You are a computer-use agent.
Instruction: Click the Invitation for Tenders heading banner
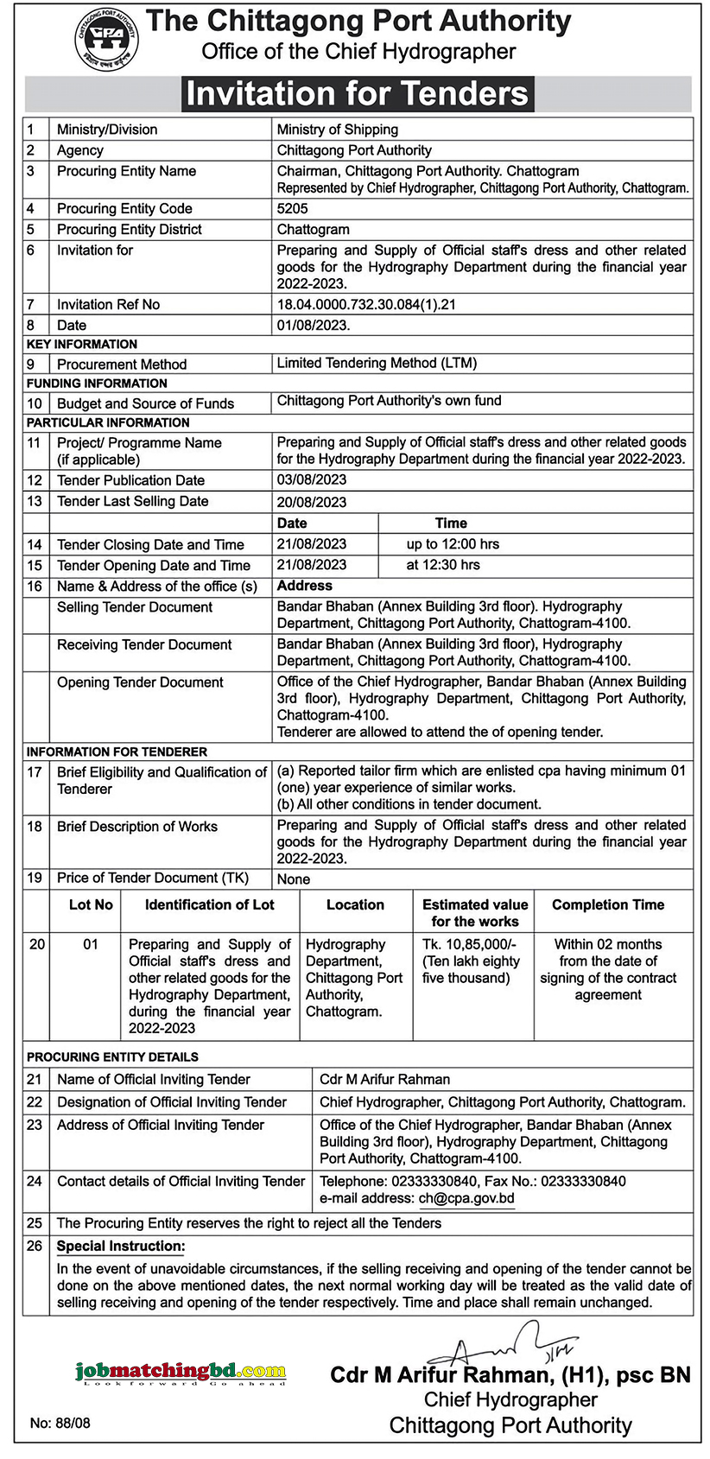(x=357, y=93)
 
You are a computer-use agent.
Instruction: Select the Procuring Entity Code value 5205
(x=292, y=208)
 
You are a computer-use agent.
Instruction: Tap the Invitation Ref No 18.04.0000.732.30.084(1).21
(x=365, y=304)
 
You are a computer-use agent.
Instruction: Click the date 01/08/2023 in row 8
(x=313, y=326)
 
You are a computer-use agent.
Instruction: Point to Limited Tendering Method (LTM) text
(x=377, y=363)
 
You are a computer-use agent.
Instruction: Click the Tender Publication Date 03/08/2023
(x=311, y=479)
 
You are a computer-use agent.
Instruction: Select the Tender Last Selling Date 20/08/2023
(x=311, y=502)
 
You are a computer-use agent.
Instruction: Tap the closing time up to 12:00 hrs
(x=453, y=544)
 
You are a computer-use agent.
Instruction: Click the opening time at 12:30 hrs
(x=442, y=565)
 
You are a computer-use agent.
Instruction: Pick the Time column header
(x=451, y=523)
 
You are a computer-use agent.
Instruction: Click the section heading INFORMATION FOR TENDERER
(x=117, y=752)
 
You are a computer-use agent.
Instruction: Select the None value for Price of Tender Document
(x=293, y=879)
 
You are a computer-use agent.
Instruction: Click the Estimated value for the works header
(x=474, y=913)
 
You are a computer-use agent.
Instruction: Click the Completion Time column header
(x=608, y=904)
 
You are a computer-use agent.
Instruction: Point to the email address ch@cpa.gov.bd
(x=466, y=1198)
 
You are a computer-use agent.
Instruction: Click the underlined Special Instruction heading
(x=121, y=1246)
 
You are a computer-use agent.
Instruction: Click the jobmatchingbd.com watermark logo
(x=180, y=1372)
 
